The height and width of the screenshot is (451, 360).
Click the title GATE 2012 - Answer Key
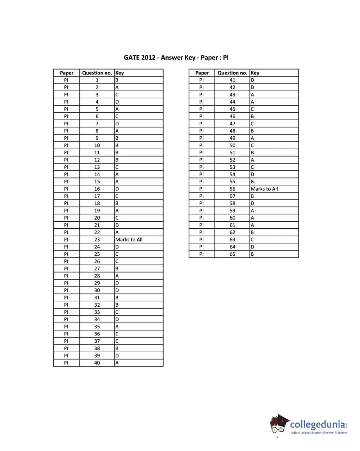tap(176, 58)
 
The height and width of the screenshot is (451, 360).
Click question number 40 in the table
tap(97, 363)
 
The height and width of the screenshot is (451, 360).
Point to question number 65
tap(232, 254)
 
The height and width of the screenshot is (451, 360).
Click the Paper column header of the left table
tap(66, 73)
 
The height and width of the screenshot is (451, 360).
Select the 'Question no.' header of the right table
tap(232, 73)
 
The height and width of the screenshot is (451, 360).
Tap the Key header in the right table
tap(255, 73)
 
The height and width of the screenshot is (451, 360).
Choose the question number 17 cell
tap(97, 196)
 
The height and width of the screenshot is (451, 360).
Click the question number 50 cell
tap(232, 145)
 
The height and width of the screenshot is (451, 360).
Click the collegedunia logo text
tap(318, 424)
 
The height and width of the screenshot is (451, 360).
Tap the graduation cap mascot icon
tap(279, 424)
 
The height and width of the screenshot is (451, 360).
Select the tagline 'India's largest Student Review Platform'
tap(319, 433)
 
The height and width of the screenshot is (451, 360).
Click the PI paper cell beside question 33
tap(66, 312)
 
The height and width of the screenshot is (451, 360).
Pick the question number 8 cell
tap(97, 131)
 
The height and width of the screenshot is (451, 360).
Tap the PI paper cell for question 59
tap(201, 211)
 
